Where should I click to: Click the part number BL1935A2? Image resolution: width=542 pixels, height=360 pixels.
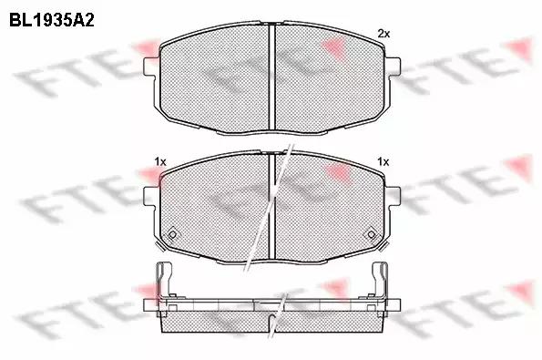[x=52, y=20]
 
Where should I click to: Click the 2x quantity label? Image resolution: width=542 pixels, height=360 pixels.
[x=383, y=34]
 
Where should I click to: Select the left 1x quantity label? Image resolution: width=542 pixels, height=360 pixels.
[x=160, y=161]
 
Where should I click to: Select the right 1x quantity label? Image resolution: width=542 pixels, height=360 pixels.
[x=383, y=161]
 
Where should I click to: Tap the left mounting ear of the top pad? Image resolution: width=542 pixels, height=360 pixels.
[x=151, y=66]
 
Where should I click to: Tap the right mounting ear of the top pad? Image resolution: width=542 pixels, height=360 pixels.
[x=394, y=66]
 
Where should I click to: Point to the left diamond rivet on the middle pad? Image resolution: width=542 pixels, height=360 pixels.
[x=172, y=235]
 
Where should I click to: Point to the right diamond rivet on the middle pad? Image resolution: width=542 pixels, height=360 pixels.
[x=372, y=235]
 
